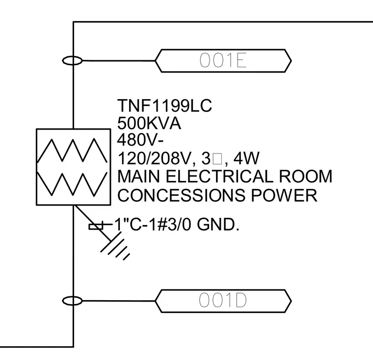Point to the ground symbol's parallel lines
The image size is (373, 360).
115,247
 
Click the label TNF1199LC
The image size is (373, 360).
164,105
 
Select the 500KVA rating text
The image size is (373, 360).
149,124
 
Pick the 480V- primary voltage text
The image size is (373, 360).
140,140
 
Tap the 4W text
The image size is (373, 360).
246,158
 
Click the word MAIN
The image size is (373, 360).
138,177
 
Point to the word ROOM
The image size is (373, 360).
305,177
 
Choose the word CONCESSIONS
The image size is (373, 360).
181,195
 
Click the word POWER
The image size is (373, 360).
284,195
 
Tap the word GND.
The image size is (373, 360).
218,225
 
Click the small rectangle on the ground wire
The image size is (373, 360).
96,227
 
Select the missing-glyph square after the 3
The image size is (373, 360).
217,159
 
